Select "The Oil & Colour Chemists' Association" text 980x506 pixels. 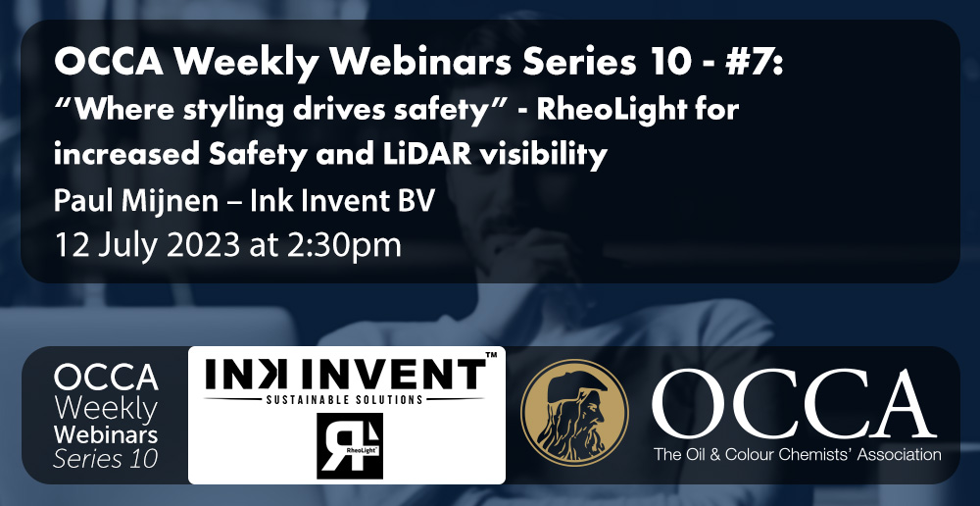(x=797, y=455)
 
